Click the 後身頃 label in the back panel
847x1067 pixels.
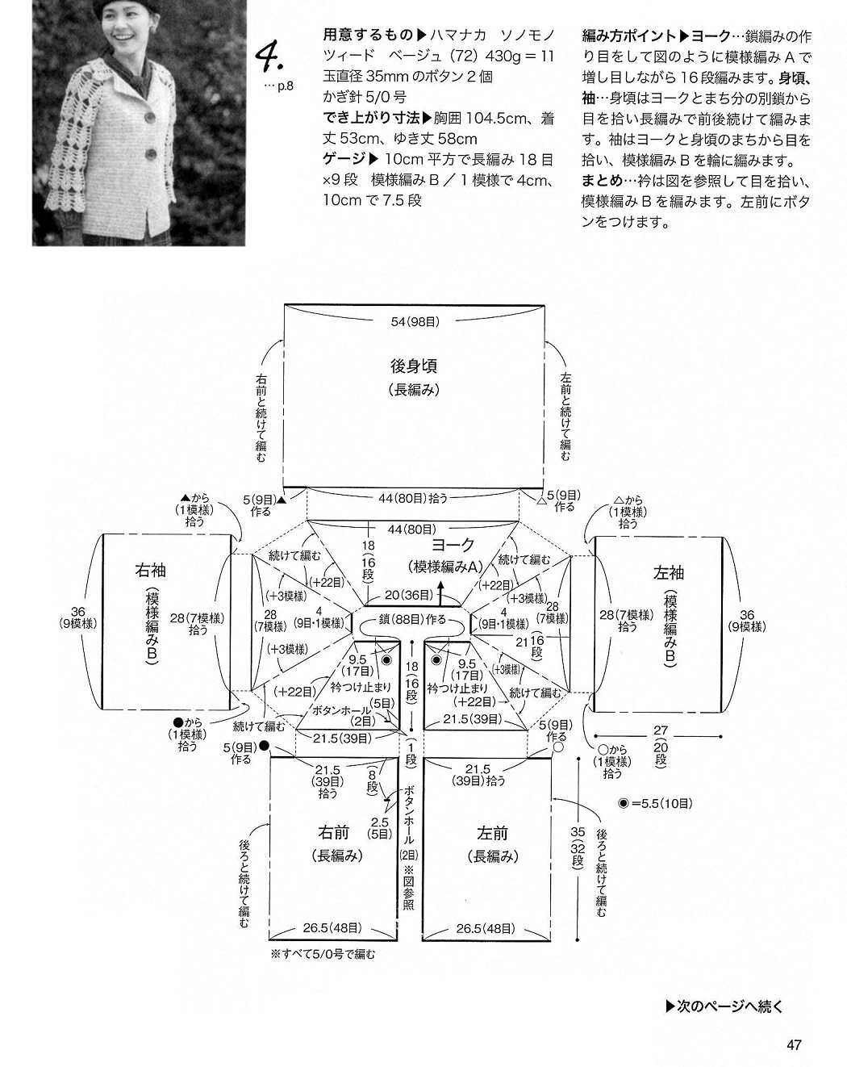pyautogui.click(x=413, y=366)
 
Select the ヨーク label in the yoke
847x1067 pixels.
pyautogui.click(x=453, y=545)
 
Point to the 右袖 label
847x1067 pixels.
pyautogui.click(x=150, y=570)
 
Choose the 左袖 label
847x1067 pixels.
pyautogui.click(x=669, y=573)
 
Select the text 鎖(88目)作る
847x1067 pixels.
pyautogui.click(x=412, y=619)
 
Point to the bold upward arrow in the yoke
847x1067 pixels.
pyautogui.click(x=440, y=593)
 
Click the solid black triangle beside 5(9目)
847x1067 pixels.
pyautogui.click(x=282, y=500)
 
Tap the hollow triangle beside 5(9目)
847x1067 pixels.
pyautogui.click(x=542, y=501)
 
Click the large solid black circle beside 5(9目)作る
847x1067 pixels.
pyautogui.click(x=264, y=745)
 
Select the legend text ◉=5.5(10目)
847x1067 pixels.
pyautogui.click(x=655, y=804)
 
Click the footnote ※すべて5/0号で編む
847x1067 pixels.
pyautogui.click(x=323, y=953)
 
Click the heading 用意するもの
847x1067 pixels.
pyautogui.click(x=368, y=35)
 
